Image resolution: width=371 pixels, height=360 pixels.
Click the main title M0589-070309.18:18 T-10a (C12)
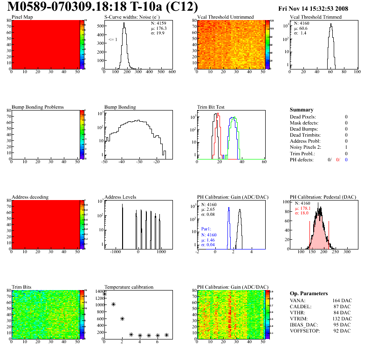click(103, 7)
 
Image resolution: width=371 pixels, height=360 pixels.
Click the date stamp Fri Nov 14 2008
click(313, 8)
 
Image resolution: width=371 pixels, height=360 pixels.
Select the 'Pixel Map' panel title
click(22, 17)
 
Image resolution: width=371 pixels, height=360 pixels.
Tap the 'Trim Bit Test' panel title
click(211, 107)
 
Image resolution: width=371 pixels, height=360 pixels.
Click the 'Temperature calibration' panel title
click(129, 287)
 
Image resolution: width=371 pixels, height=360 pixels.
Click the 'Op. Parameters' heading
click(309, 293)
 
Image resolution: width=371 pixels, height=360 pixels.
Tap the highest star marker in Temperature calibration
click(104, 294)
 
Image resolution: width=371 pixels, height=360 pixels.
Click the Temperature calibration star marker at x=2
click(122, 318)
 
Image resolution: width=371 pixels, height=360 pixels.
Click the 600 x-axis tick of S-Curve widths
click(172, 72)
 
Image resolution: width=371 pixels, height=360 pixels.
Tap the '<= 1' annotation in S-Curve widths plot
click(112, 40)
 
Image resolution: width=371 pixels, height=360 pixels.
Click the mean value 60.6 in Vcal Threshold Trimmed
click(301, 28)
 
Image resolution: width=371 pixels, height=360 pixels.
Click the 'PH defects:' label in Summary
click(302, 159)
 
